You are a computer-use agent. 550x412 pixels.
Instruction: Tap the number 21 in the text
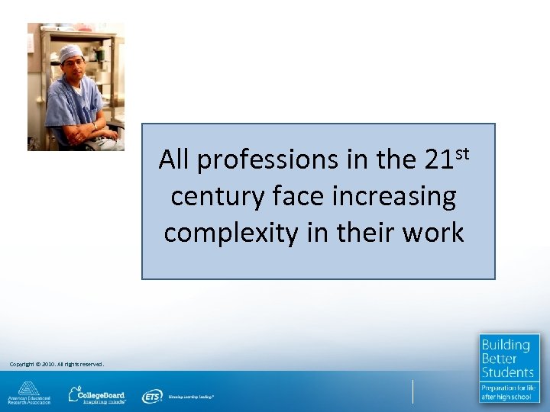[438, 160]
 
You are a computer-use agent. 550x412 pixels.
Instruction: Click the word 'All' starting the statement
[175, 160]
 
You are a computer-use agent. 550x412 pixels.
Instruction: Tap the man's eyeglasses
[73, 63]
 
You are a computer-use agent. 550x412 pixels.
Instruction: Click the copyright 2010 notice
[57, 364]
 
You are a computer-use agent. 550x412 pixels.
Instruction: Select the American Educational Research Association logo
[29, 392]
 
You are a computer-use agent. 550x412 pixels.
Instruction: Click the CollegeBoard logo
[97, 394]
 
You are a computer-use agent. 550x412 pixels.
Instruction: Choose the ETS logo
[152, 396]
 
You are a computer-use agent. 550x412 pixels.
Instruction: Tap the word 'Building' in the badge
[506, 345]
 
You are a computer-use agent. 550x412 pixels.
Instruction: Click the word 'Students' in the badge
[508, 372]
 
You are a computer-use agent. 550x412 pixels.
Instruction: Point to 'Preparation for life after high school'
[509, 392]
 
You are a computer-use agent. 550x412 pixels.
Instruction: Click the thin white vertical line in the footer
[412, 391]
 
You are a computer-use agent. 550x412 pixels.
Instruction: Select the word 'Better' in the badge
[500, 359]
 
